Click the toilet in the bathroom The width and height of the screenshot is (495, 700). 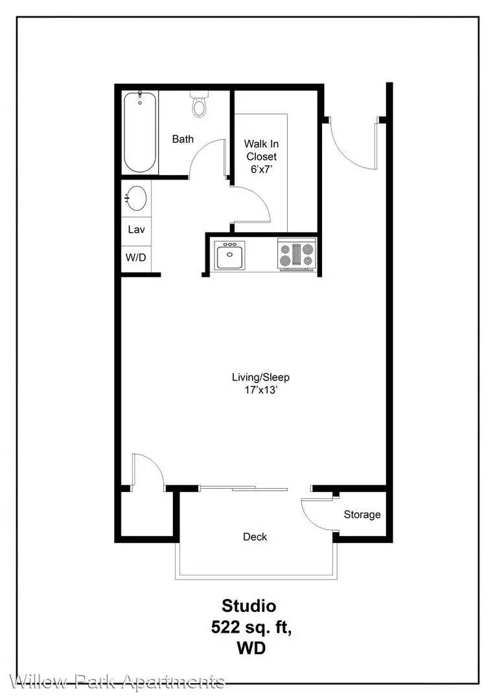click(x=200, y=104)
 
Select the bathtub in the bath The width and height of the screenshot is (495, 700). click(x=140, y=132)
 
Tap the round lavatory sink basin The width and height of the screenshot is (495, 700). click(x=136, y=198)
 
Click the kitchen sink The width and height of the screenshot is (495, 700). click(x=230, y=255)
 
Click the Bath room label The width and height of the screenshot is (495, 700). click(x=183, y=139)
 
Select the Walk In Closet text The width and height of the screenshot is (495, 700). click(x=262, y=150)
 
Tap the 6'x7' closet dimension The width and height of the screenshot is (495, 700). click(x=262, y=169)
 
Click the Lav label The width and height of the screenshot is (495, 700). click(x=136, y=229)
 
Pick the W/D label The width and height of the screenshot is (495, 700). click(x=135, y=257)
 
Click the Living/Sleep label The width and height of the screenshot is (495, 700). click(x=260, y=377)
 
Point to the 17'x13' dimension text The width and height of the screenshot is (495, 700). click(x=261, y=390)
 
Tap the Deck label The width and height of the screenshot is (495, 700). click(x=255, y=537)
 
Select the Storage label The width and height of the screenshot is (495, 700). click(x=362, y=515)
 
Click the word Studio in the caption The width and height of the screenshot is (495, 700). click(x=249, y=606)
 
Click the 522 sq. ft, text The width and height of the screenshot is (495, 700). click(x=251, y=627)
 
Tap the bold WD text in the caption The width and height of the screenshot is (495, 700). click(x=251, y=647)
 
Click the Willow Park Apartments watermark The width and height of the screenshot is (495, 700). click(x=117, y=682)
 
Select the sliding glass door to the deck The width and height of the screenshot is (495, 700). click(x=243, y=489)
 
